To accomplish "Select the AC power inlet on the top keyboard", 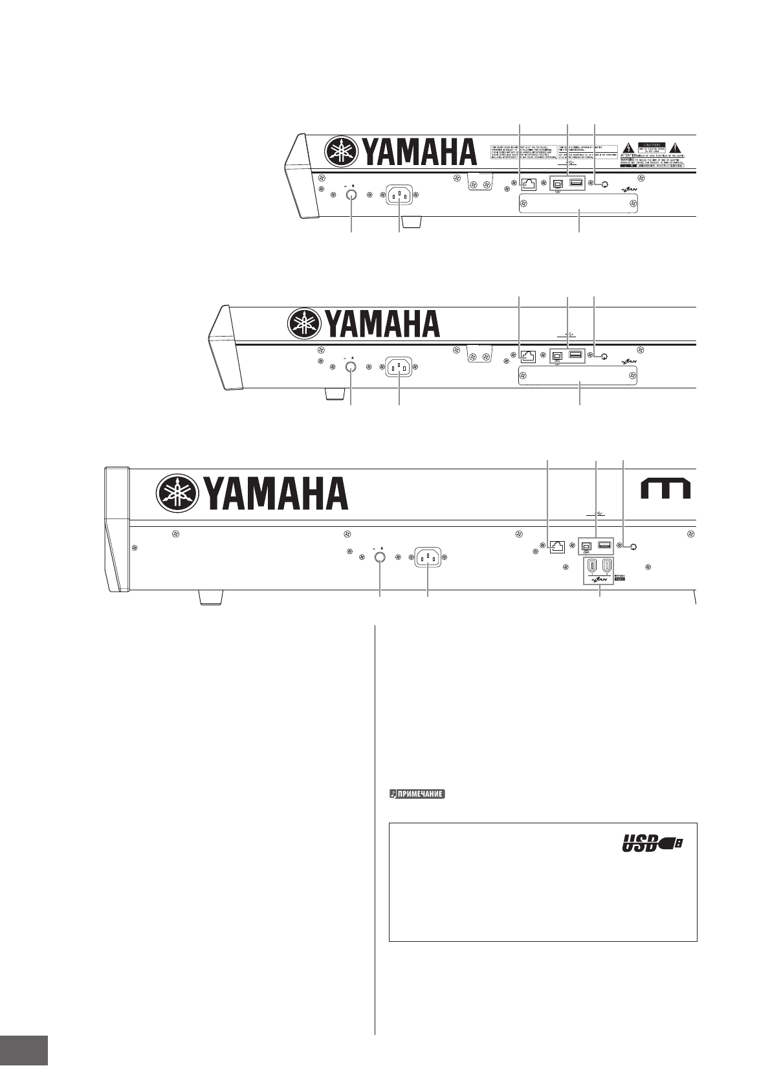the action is click(x=400, y=195).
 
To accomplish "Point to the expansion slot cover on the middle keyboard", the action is click(x=578, y=375).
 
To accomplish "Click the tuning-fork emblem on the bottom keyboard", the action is click(x=175, y=494).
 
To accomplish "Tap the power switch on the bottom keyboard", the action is click(x=380, y=557).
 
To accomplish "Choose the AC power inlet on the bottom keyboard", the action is click(x=428, y=557).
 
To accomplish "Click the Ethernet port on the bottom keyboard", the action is click(x=556, y=547).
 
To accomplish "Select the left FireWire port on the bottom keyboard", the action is click(x=592, y=567).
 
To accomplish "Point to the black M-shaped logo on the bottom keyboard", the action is click(x=665, y=490).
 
